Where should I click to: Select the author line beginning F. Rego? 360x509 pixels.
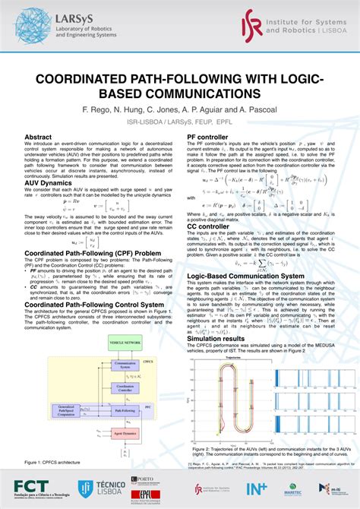[179, 110]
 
